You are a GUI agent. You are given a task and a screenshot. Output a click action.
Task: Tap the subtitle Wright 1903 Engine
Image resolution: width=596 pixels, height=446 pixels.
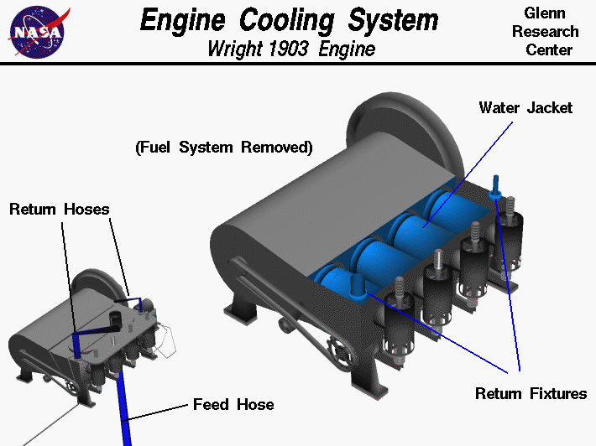(x=290, y=49)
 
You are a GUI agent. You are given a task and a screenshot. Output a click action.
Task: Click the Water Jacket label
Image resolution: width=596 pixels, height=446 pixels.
(x=525, y=107)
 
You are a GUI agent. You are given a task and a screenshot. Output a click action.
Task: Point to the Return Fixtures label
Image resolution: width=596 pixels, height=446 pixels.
(x=531, y=393)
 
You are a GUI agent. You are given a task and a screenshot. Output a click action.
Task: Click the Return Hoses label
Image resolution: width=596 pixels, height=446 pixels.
(x=60, y=209)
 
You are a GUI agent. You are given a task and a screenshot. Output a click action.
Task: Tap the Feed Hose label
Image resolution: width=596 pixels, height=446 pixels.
(x=233, y=404)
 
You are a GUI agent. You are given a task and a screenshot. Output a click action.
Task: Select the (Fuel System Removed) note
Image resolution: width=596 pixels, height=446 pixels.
(x=224, y=148)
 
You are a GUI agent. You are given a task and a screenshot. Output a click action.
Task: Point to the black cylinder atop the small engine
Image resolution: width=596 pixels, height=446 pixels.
(x=115, y=319)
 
